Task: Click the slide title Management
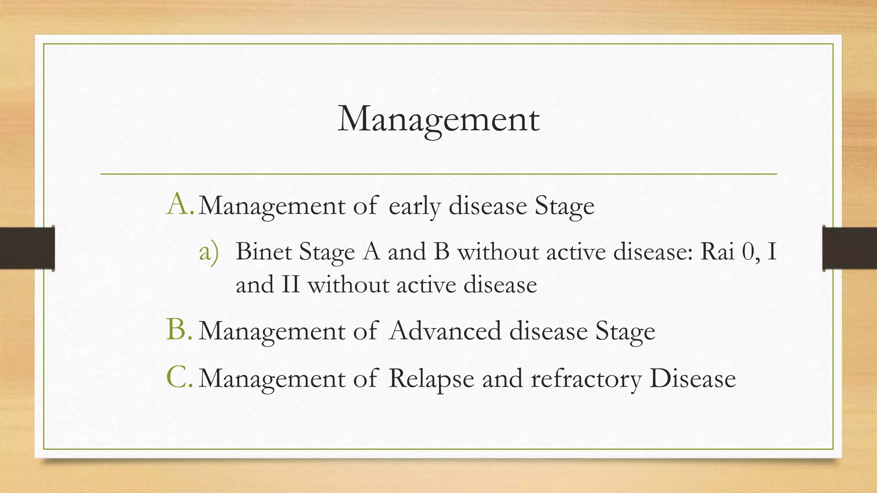tap(438, 119)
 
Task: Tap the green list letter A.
tap(179, 204)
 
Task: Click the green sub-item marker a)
tap(209, 252)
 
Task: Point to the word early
tap(415, 206)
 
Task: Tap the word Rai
tap(717, 252)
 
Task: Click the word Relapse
tap(431, 379)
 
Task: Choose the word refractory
tap(586, 379)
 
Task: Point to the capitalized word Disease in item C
tap(692, 379)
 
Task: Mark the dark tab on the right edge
tap(850, 248)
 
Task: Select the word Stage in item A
tap(564, 206)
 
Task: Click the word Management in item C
tap(272, 379)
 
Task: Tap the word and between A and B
tap(406, 252)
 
